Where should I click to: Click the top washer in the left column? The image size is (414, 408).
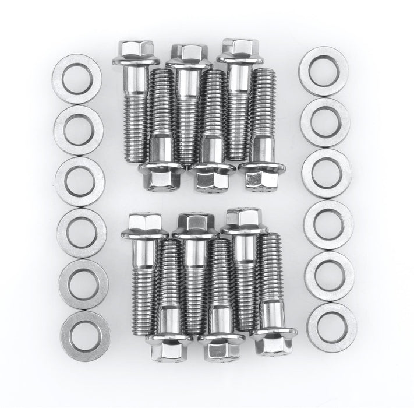tap(76, 79)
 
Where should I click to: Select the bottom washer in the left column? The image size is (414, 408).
tap(84, 336)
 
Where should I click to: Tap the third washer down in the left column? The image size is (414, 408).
tap(80, 181)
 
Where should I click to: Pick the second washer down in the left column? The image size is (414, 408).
tap(78, 130)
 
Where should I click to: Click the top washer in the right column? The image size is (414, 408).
tap(323, 71)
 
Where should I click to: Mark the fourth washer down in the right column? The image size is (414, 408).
tap(328, 224)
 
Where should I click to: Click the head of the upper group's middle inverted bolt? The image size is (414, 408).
tap(211, 177)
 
